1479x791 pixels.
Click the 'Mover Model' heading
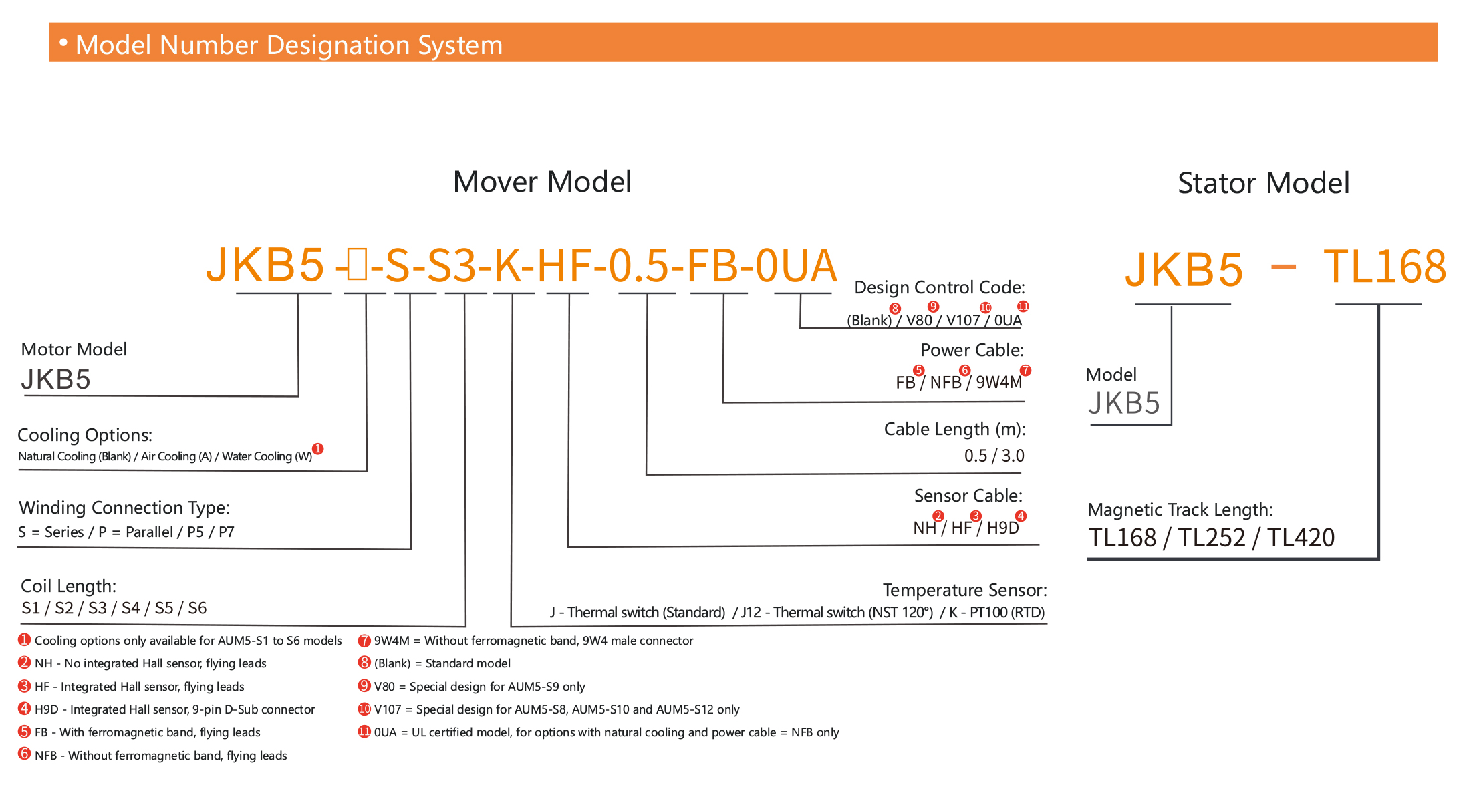pyautogui.click(x=542, y=182)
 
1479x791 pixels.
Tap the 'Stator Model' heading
pyautogui.click(x=1263, y=183)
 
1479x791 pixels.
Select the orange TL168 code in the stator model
pyautogui.click(x=1384, y=267)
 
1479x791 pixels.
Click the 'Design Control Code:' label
pyautogui.click(x=939, y=287)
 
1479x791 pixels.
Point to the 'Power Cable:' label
pyautogui.click(x=972, y=350)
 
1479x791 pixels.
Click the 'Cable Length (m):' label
pyautogui.click(x=954, y=429)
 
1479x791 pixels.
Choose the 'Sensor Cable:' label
pyautogui.click(x=968, y=496)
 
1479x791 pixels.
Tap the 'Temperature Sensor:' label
pyautogui.click(x=964, y=590)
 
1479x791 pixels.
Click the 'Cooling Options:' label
pyautogui.click(x=85, y=435)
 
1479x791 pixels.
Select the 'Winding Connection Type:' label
pyautogui.click(x=124, y=508)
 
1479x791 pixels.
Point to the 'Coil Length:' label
pyautogui.click(x=69, y=586)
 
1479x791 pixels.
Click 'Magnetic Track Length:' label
pyautogui.click(x=1180, y=510)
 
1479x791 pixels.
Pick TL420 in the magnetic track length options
pyautogui.click(x=1301, y=538)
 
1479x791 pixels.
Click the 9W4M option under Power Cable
pyautogui.click(x=998, y=382)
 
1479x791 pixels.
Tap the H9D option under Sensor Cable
pyautogui.click(x=1002, y=528)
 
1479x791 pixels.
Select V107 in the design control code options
pyautogui.click(x=962, y=320)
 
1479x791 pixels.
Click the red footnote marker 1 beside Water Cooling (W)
pyautogui.click(x=318, y=449)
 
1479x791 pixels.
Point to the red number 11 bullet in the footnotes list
pyautogui.click(x=364, y=732)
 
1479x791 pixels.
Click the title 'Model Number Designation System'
pyautogui.click(x=289, y=45)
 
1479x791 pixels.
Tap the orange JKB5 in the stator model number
pyautogui.click(x=1184, y=269)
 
